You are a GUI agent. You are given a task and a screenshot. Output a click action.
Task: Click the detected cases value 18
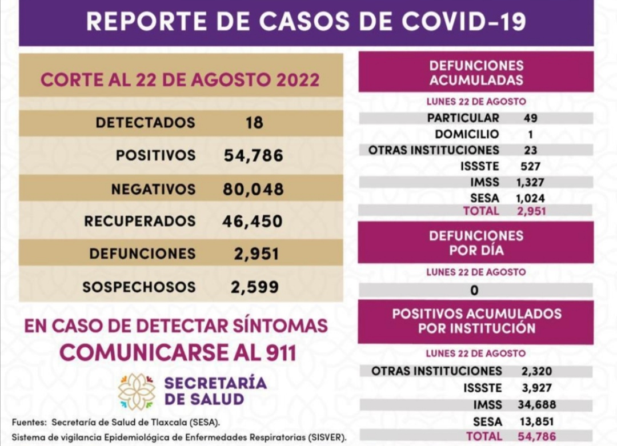[254, 123]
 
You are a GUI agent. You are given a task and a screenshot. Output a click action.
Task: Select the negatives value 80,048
[253, 189]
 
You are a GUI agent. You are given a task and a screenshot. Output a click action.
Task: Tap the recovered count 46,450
[253, 221]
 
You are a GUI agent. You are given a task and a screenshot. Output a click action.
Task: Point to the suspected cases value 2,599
[255, 287]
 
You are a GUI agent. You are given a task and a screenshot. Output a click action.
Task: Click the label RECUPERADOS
[140, 221]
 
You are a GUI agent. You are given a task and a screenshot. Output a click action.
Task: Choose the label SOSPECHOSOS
[139, 287]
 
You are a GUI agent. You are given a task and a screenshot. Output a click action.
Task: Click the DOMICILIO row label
[467, 135]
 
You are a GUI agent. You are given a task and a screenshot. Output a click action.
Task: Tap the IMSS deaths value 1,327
[529, 183]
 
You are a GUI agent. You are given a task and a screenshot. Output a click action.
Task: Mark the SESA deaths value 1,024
[529, 198]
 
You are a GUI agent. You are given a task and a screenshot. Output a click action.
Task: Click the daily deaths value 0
[474, 290]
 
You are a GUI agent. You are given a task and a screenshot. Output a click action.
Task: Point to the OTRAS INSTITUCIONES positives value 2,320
[536, 371]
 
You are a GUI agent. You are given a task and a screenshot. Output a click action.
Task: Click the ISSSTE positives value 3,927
[536, 388]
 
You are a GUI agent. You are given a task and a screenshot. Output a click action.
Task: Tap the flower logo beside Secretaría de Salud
[137, 391]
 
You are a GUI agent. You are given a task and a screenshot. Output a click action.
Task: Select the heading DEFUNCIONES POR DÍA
[476, 243]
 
